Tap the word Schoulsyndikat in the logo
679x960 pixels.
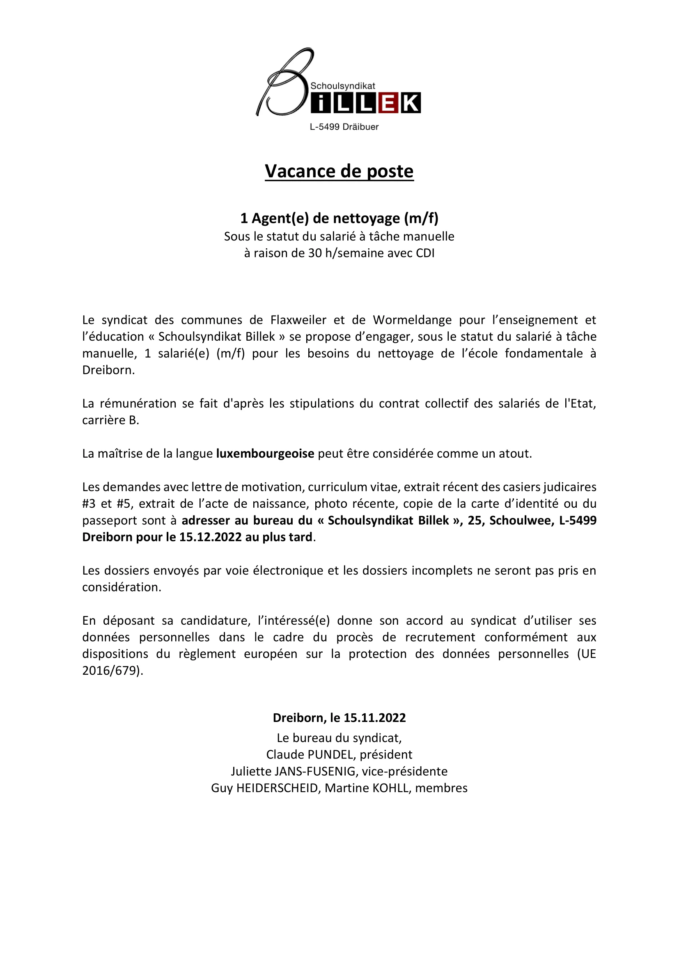tap(342, 86)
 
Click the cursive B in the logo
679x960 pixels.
tap(284, 84)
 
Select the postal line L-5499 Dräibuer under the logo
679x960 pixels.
tap(344, 127)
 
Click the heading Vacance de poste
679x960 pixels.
tap(339, 172)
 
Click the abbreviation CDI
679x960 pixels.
tap(425, 253)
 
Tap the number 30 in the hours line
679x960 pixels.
tap(315, 253)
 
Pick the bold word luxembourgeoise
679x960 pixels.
tap(265, 454)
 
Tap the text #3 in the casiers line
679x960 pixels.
tap(89, 504)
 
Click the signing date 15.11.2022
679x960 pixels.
tap(375, 718)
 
